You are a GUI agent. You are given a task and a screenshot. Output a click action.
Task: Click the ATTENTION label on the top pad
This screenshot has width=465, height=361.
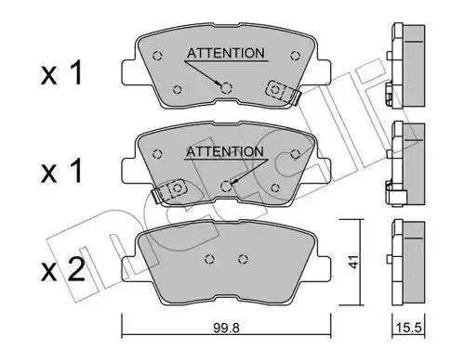(225, 53)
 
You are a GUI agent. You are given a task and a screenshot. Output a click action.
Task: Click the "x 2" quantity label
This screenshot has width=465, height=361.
(60, 271)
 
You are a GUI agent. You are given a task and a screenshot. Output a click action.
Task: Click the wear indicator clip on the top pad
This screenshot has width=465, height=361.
(280, 91)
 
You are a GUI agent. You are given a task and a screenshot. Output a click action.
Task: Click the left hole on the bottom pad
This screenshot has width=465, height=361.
(210, 259)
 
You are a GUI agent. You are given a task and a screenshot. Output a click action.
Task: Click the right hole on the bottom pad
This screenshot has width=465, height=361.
(245, 259)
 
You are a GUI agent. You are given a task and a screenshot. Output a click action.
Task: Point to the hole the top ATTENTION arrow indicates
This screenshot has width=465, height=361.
(225, 87)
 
